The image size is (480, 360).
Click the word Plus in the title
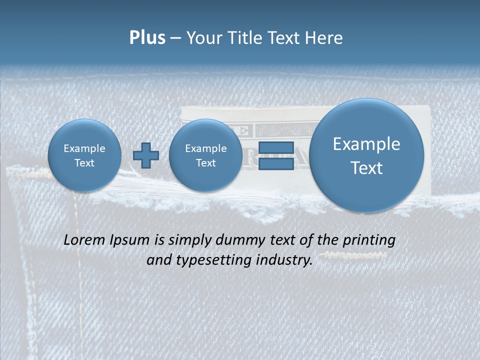click(147, 37)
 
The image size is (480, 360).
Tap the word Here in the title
click(324, 37)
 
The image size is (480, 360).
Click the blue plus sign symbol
click(146, 155)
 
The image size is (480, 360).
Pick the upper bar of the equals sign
click(276, 148)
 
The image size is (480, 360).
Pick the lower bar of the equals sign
click(276, 164)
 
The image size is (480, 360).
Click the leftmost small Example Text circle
click(84, 155)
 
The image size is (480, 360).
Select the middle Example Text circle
click(205, 155)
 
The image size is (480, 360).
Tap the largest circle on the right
click(366, 155)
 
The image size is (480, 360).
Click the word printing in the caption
click(369, 240)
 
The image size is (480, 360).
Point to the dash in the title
click(175, 38)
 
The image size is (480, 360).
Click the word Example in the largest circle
click(366, 144)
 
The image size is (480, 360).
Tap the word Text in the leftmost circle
click(84, 163)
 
